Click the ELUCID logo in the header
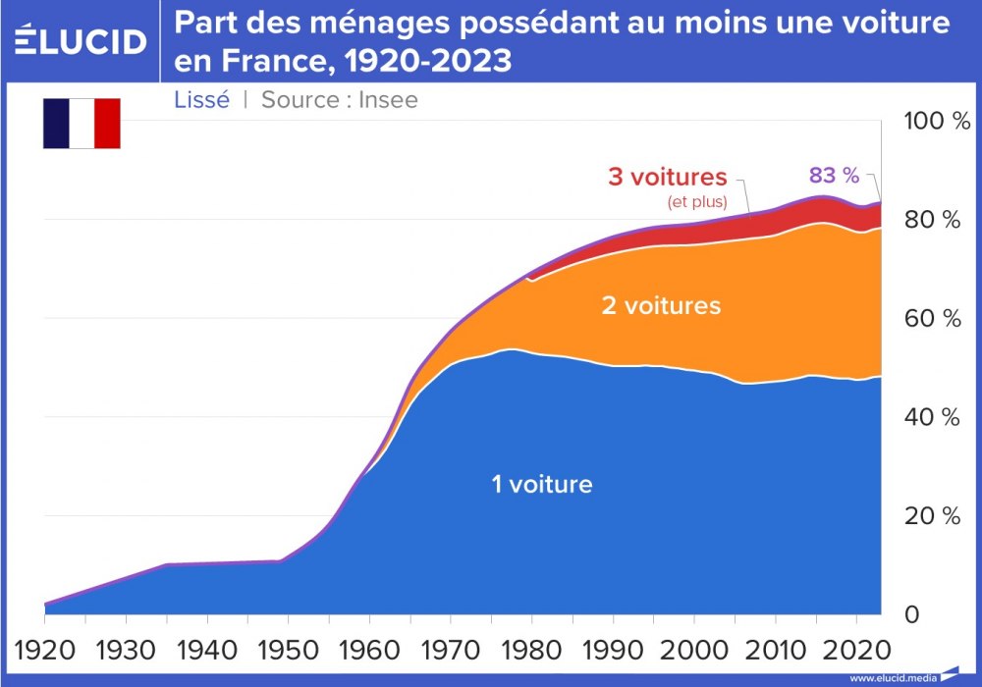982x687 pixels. [x=82, y=40]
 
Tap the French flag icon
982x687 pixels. [x=82, y=123]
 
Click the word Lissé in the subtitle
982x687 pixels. [x=201, y=99]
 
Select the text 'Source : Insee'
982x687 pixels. [x=339, y=99]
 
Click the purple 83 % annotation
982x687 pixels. [x=834, y=176]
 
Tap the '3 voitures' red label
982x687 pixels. [x=668, y=178]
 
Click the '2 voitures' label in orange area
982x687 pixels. [x=661, y=305]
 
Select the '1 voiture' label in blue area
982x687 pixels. [x=542, y=483]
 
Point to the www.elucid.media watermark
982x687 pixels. [x=893, y=677]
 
